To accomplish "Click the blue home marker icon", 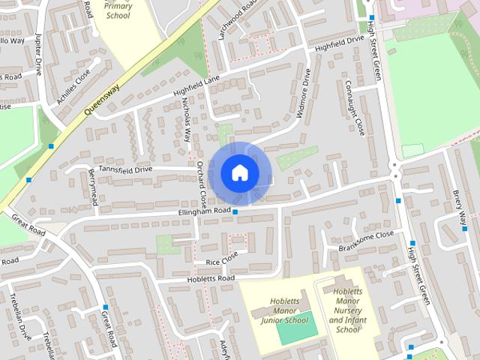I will (239, 172).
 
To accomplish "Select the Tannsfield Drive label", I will (124, 169).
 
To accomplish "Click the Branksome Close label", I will (367, 235).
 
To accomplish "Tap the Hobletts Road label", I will (211, 278).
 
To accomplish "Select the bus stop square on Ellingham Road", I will (235, 212).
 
